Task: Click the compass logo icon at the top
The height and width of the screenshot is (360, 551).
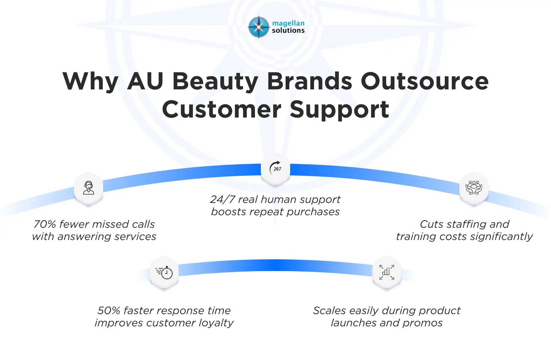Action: (259, 27)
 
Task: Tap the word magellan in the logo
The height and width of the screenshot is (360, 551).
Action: (288, 23)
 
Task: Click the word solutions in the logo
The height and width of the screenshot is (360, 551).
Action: (288, 31)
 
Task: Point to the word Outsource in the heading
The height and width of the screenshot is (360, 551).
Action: (424, 81)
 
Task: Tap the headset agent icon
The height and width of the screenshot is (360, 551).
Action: (89, 188)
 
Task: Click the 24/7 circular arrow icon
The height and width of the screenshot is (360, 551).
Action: (275, 168)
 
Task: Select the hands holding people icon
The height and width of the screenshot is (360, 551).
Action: (474, 187)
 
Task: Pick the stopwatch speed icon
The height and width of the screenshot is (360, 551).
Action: (164, 272)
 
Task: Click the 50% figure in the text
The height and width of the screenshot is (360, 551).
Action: (109, 311)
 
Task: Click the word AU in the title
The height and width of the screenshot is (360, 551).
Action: (145, 81)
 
